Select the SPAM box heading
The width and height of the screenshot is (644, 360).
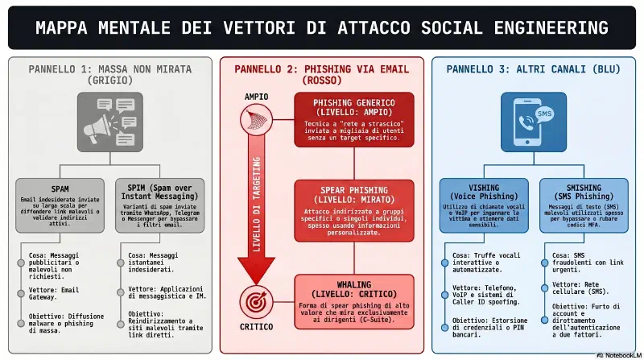60,189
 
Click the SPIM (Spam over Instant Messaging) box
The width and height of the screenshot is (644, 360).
159,205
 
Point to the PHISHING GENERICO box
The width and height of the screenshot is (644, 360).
354,119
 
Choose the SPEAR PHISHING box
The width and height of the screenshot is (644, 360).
354,210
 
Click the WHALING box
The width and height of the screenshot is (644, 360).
354,302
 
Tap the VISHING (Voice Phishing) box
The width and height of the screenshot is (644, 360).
484,205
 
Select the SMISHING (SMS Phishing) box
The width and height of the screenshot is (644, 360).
584,205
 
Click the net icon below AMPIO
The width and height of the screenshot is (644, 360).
256,119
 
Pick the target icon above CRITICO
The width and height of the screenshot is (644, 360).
256,302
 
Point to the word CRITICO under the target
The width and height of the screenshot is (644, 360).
256,327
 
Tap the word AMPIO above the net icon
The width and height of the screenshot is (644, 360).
256,97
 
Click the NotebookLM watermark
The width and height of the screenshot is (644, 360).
619,355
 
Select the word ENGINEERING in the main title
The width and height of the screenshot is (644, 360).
551,28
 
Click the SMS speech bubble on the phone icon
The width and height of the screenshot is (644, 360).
544,114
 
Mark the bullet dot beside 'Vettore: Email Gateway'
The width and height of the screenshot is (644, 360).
21,293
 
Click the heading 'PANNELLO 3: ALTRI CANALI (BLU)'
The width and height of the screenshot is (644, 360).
533,69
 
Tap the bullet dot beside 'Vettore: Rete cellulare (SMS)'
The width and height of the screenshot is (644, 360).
545,288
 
